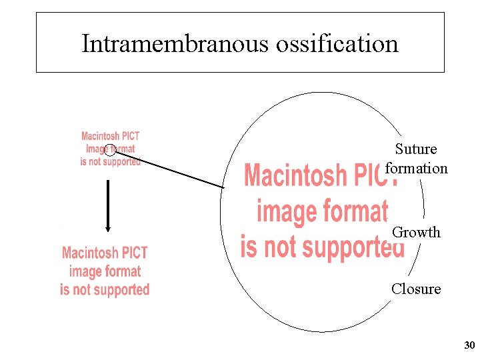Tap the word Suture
pyautogui.click(x=416, y=149)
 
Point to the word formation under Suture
pyautogui.click(x=417, y=168)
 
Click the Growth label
pyautogui.click(x=416, y=233)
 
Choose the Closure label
pyautogui.click(x=416, y=289)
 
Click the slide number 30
pyautogui.click(x=469, y=345)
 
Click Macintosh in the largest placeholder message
pyautogui.click(x=296, y=176)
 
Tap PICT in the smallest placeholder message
pyautogui.click(x=130, y=137)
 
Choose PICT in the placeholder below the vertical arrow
pyautogui.click(x=134, y=253)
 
